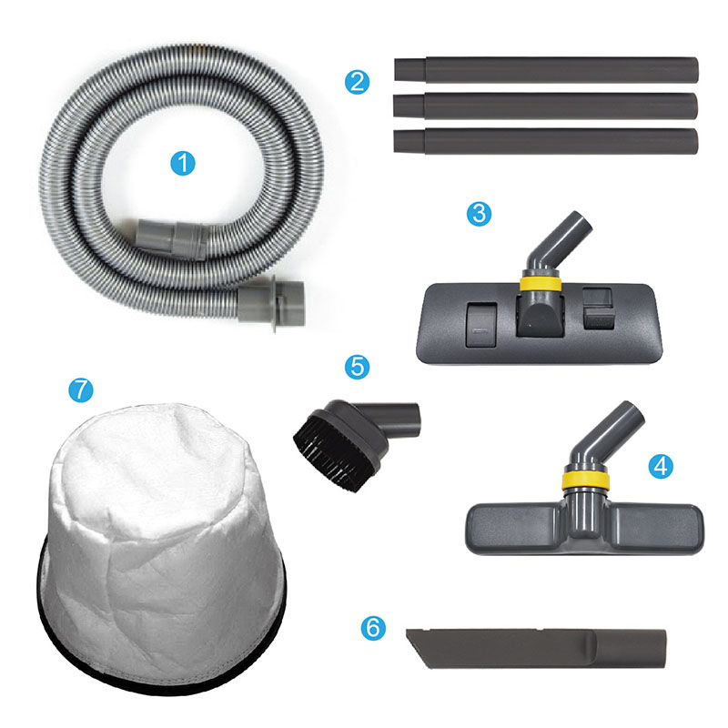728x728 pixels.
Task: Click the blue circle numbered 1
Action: click(183, 164)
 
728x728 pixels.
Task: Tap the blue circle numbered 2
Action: click(357, 82)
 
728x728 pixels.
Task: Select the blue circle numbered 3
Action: click(479, 214)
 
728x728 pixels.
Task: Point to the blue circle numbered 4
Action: click(661, 466)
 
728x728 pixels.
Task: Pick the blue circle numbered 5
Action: click(357, 367)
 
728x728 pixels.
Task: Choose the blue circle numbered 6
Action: click(373, 628)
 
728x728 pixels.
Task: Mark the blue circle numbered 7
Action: click(81, 389)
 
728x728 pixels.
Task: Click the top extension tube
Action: click(547, 70)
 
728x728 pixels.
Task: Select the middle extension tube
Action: click(545, 106)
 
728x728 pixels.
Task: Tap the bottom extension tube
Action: click(545, 141)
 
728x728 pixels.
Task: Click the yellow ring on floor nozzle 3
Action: click(540, 284)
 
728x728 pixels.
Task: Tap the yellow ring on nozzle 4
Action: click(584, 481)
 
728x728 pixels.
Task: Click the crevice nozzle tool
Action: click(536, 649)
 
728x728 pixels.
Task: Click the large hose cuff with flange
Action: click(273, 303)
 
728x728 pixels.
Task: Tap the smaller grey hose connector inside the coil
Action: click(170, 239)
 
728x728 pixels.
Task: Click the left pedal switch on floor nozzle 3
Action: click(481, 325)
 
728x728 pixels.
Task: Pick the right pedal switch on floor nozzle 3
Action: click(599, 308)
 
